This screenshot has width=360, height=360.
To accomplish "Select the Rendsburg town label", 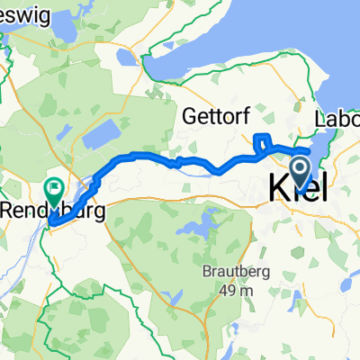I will pos(52,211).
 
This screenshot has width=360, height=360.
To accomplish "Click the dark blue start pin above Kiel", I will pos(300,166).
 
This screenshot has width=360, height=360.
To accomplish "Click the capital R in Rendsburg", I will pos(10,211).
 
